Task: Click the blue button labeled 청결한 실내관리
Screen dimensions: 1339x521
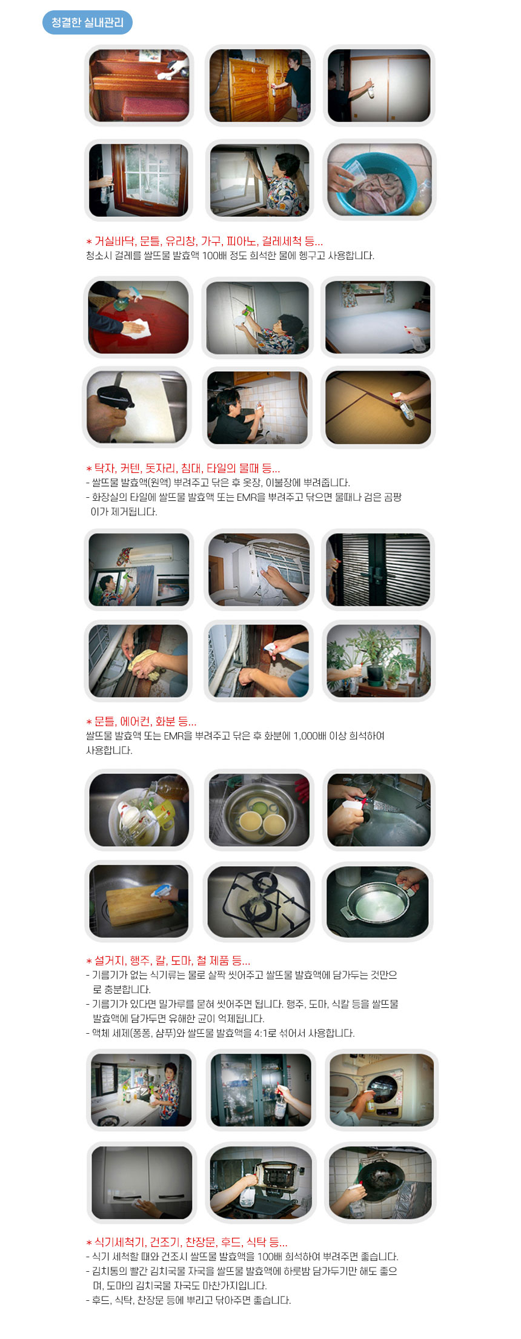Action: coord(87,22)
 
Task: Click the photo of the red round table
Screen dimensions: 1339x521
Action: coord(138,317)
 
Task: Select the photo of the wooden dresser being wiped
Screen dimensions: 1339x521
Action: coord(259,85)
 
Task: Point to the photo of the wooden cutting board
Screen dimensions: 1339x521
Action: coord(139,901)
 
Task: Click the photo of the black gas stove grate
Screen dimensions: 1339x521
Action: coord(259,901)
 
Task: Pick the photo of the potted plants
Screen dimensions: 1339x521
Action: coord(379,661)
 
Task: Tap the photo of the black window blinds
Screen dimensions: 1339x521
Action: coord(379,569)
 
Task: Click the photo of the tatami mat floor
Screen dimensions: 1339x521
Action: coord(379,407)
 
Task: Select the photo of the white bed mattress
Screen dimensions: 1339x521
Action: coord(379,317)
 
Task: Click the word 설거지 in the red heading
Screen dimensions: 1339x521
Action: coord(110,960)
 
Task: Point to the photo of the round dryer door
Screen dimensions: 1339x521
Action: coord(382,1090)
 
